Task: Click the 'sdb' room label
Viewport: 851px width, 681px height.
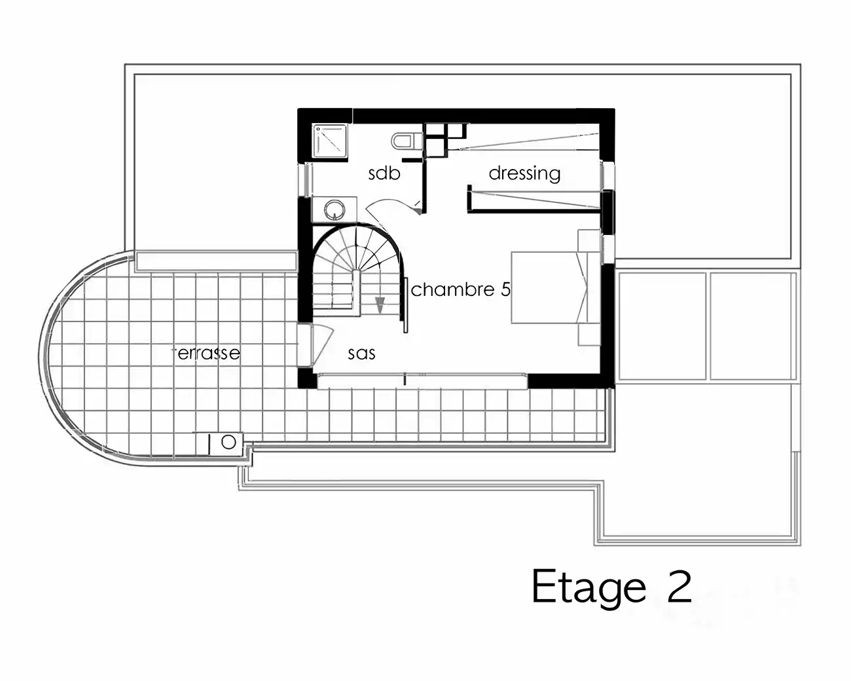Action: pyautogui.click(x=384, y=174)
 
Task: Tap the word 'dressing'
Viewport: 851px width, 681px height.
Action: pyautogui.click(x=525, y=174)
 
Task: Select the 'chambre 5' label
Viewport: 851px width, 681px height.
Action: pyautogui.click(x=461, y=289)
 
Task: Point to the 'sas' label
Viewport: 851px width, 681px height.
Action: pyautogui.click(x=361, y=354)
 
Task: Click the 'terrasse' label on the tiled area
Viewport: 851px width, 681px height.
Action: pyautogui.click(x=208, y=353)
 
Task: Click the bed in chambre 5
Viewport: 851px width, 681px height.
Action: pyautogui.click(x=550, y=287)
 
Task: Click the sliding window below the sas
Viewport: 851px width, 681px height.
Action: pyautogui.click(x=422, y=381)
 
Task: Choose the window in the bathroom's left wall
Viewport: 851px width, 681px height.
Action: pyautogui.click(x=306, y=179)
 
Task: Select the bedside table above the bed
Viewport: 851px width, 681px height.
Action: pyautogui.click(x=588, y=240)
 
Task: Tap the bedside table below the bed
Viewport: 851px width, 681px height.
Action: pyautogui.click(x=588, y=335)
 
